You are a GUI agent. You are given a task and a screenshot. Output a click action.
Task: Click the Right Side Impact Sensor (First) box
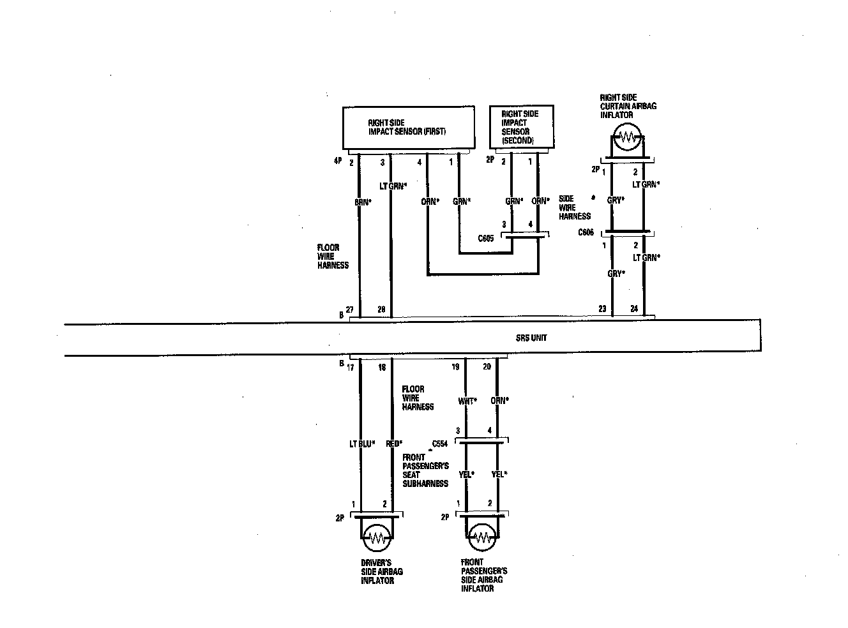[x=409, y=127]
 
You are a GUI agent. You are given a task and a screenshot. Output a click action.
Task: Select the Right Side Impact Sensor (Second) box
[x=521, y=126]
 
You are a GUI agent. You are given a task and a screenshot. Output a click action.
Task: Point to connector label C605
[x=485, y=239]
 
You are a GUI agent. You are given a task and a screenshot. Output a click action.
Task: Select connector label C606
[x=586, y=233]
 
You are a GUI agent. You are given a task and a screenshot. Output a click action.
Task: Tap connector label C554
[x=440, y=443]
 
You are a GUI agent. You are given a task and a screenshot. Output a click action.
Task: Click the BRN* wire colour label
[x=363, y=202]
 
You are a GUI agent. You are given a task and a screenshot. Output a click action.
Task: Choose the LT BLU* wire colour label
[x=361, y=444]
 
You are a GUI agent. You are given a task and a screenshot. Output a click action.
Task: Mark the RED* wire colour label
[x=394, y=444]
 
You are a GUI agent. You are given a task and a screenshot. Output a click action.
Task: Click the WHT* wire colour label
[x=467, y=401]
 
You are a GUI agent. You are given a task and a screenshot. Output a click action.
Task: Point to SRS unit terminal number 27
[x=349, y=308]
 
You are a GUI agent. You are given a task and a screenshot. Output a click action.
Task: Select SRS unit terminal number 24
[x=634, y=309]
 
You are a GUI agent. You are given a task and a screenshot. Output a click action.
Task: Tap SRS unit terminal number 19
[x=455, y=367]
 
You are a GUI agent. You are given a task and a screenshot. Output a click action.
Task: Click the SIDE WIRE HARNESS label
[x=574, y=207]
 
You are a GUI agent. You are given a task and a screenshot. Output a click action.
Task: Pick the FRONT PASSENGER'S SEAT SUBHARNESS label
[x=425, y=470]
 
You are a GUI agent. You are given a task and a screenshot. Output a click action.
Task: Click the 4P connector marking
[x=338, y=162]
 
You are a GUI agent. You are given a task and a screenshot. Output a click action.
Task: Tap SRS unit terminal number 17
[x=350, y=367]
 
